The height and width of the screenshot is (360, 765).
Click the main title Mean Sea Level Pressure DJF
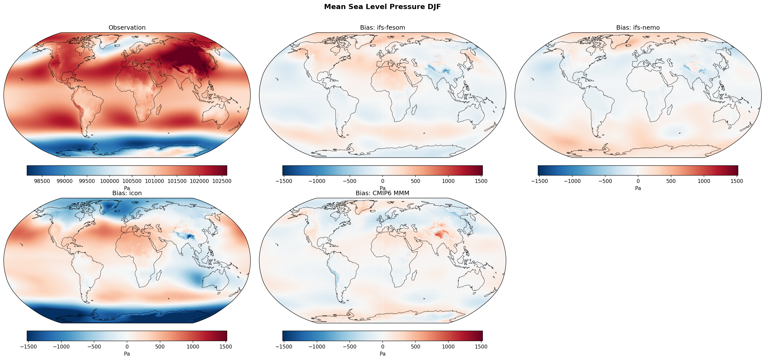click(382, 7)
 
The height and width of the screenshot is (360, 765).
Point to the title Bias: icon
click(127, 193)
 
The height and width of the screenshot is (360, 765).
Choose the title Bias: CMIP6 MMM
click(382, 193)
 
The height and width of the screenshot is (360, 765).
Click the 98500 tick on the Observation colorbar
click(42, 181)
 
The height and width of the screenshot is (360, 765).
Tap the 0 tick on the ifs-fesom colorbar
click(382, 181)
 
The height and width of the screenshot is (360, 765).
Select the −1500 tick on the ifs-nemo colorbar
click(539, 181)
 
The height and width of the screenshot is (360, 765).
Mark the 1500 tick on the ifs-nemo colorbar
click(737, 181)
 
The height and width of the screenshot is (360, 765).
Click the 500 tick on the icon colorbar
click(160, 347)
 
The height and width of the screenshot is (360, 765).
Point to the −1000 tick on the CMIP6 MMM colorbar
click(317, 347)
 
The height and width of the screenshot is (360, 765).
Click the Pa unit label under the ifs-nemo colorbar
click(638, 188)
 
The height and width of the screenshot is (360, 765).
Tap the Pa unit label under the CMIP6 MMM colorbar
click(382, 354)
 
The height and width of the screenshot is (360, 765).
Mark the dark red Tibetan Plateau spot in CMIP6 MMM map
click(440, 234)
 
